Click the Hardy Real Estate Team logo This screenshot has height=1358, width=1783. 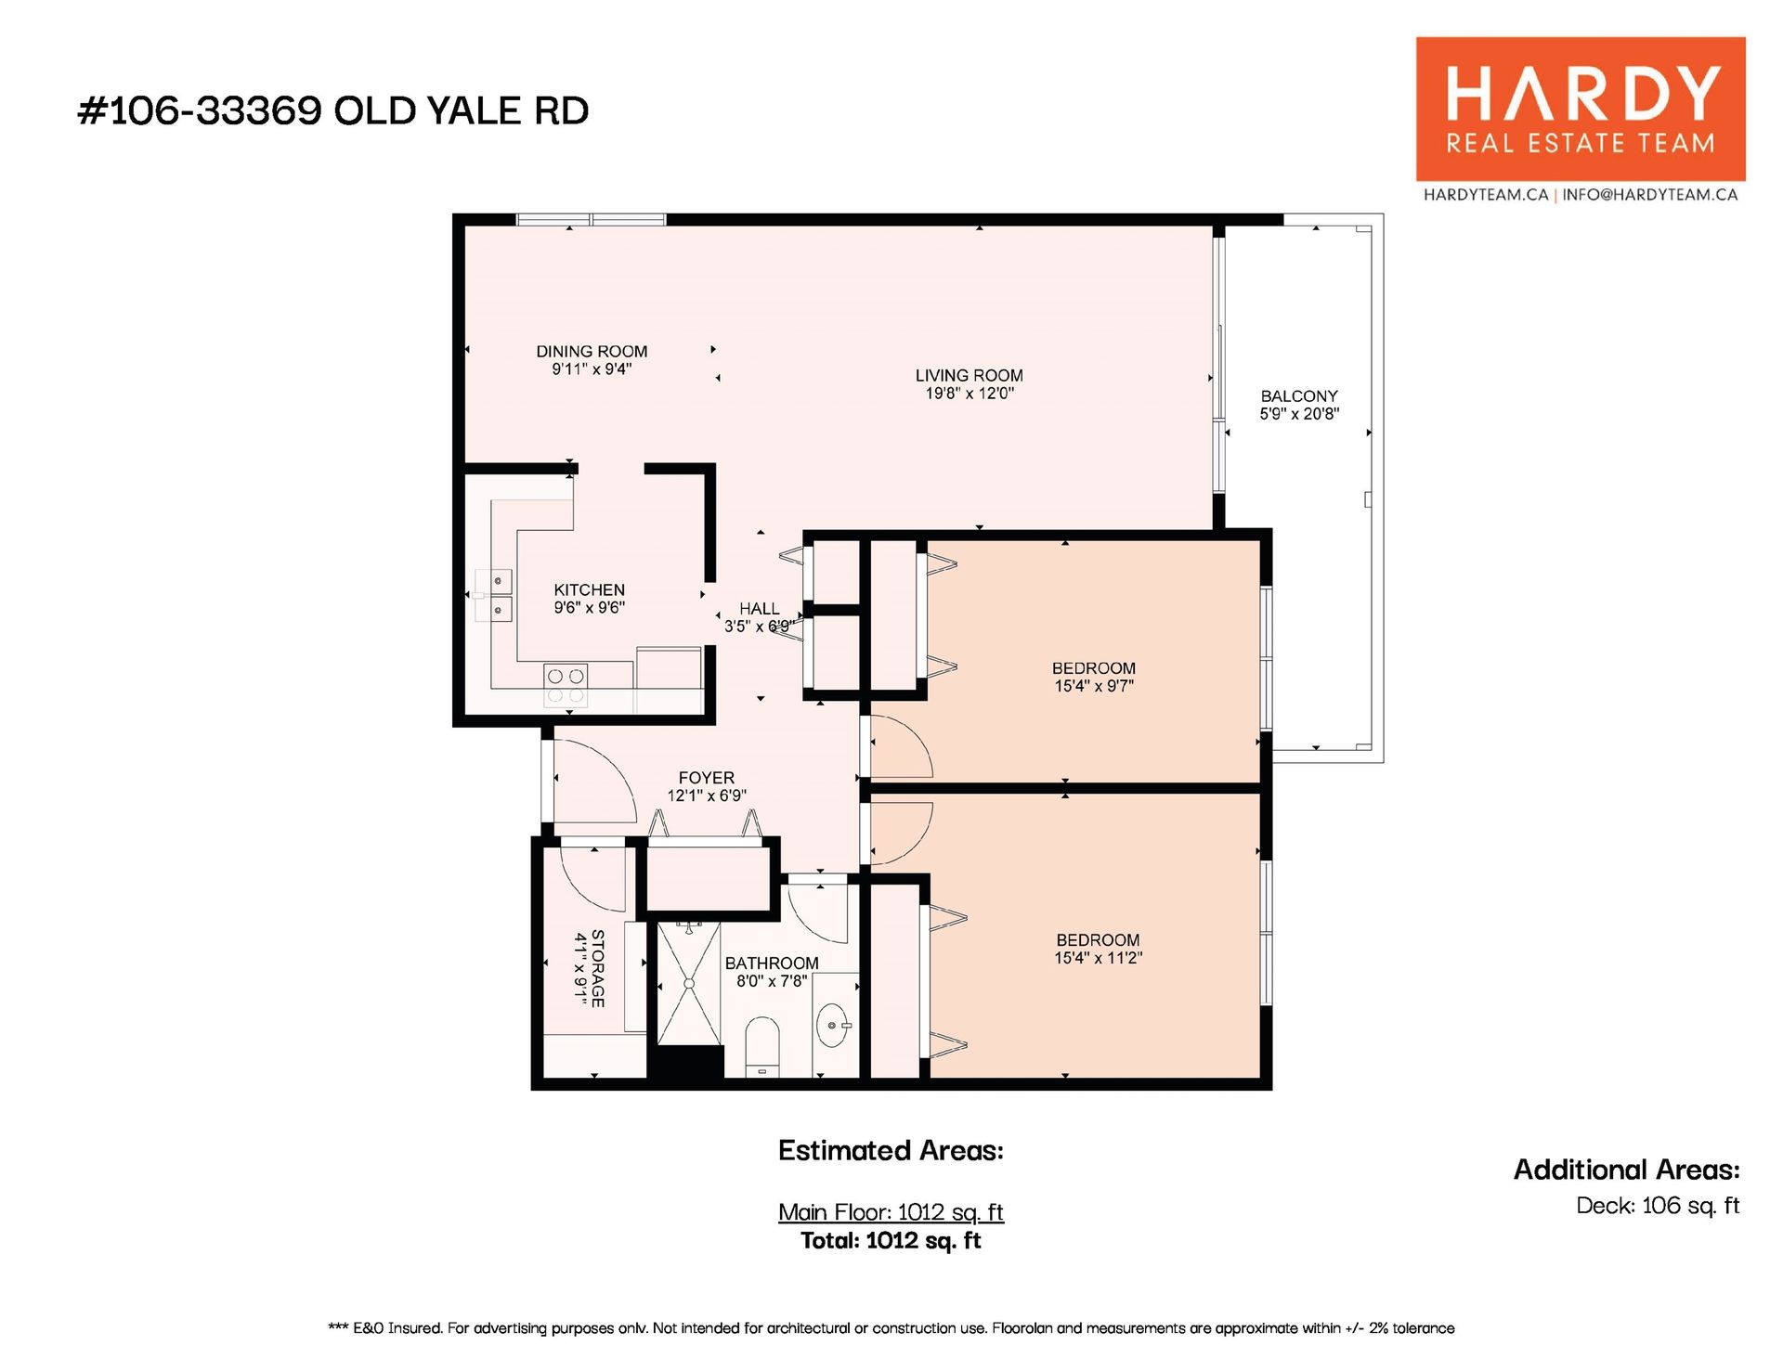[x=1580, y=110]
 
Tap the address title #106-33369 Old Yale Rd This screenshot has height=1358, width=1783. [x=333, y=110]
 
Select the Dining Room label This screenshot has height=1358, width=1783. [x=592, y=352]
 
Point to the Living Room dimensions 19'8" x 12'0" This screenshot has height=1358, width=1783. [x=970, y=394]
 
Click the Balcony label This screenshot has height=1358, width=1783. [x=1299, y=396]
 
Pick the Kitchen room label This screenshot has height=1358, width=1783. [x=590, y=590]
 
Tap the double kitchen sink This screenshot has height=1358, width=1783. [x=493, y=595]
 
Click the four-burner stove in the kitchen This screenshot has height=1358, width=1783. [x=566, y=685]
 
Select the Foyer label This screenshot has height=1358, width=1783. [x=707, y=778]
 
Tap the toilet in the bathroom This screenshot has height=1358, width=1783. [x=762, y=1047]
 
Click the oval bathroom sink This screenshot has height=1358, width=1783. [x=832, y=1025]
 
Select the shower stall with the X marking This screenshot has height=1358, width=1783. [x=689, y=983]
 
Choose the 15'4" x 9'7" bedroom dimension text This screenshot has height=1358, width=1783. [x=1094, y=686]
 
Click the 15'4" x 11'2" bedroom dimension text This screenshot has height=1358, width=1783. [x=1098, y=958]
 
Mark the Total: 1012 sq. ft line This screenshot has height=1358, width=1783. [x=891, y=1241]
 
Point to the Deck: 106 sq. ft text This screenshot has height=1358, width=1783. [x=1658, y=1206]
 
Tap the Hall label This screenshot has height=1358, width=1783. [x=760, y=609]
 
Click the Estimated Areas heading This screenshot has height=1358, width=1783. [x=891, y=1151]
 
